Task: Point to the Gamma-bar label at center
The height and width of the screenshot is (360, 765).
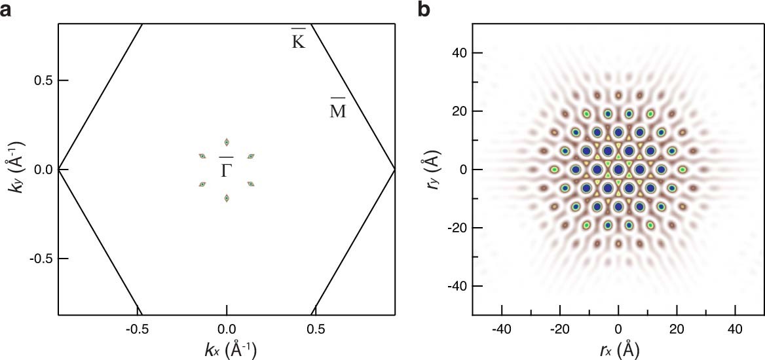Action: [226, 168]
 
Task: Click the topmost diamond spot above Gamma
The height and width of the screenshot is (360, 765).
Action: [227, 142]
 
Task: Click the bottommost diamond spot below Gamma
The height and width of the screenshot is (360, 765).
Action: [227, 198]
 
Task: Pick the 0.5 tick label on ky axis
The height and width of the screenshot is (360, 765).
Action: [43, 81]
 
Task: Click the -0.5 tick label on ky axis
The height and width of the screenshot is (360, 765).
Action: [41, 259]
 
